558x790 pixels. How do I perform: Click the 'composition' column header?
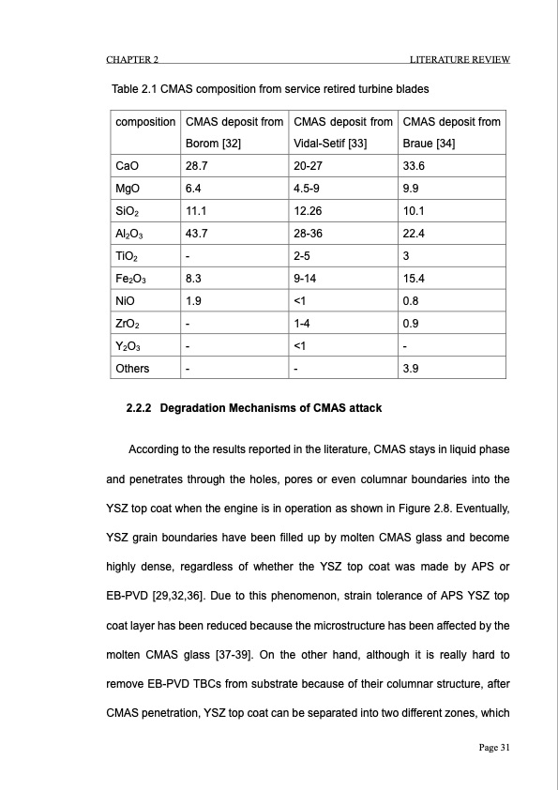[144, 122]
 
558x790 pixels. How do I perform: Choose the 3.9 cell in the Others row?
[410, 368]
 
